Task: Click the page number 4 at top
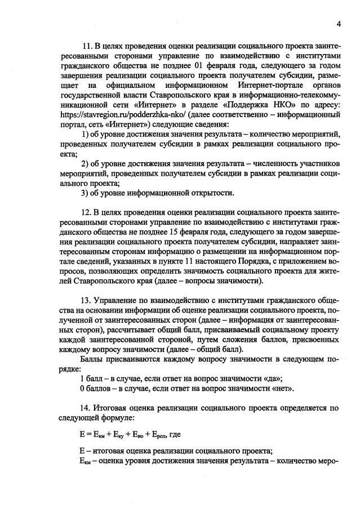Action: click(x=339, y=24)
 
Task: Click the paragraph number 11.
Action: click(x=87, y=46)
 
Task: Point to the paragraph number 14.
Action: click(x=87, y=407)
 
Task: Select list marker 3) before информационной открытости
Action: click(x=86, y=193)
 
